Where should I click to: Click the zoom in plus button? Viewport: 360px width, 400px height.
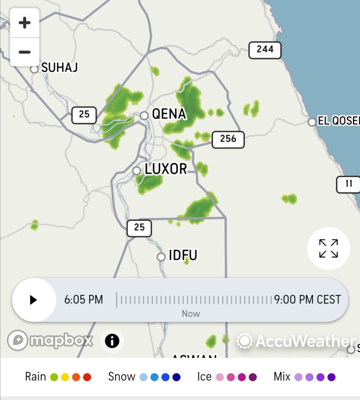pos(25,23)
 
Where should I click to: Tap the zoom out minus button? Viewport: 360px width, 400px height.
pos(25,52)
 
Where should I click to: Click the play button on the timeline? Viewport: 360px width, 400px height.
pos(34,300)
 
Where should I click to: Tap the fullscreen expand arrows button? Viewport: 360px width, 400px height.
pos(328,248)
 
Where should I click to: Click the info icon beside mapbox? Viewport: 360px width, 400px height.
pos(112,341)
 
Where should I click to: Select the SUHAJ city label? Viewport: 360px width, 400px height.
pos(59,67)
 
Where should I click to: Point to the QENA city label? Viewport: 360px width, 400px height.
pos(169,114)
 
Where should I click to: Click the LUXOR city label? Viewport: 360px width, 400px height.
pos(166,169)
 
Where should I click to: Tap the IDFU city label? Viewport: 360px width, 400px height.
pos(183,255)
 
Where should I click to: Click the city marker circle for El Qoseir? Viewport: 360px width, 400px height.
pos(311,122)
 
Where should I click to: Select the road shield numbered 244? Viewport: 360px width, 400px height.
pos(265,50)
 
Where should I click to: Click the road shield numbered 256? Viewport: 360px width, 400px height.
pos(228,139)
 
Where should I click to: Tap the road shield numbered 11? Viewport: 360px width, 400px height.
pos(348,184)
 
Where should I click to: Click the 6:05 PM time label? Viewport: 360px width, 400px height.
pos(84,300)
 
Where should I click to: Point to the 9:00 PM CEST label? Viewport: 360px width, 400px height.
pos(308,300)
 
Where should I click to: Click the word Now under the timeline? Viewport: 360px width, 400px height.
pos(191,314)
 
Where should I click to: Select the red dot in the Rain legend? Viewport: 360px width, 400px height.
pos(87,377)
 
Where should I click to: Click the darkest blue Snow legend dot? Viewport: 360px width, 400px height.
pos(176,377)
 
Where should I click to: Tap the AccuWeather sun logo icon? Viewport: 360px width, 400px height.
pos(245,341)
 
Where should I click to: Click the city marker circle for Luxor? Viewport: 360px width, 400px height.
pos(136,171)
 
